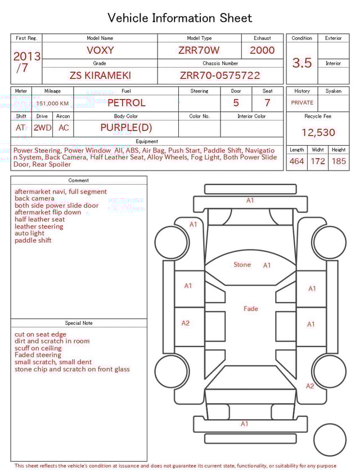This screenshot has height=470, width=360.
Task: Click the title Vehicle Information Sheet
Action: (x=180, y=18)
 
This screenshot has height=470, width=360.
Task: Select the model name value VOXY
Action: (x=100, y=50)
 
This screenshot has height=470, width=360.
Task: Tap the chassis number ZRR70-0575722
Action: (x=220, y=75)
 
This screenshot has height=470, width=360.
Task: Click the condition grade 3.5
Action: (x=302, y=63)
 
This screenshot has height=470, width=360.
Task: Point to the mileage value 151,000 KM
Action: (x=52, y=104)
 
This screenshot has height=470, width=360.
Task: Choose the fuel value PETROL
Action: (x=126, y=103)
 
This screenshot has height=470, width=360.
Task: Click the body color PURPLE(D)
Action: (x=126, y=128)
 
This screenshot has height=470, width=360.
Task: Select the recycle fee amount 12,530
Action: (x=318, y=133)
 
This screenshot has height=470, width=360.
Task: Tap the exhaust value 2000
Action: (x=262, y=50)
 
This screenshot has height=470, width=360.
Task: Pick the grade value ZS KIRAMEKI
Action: (x=100, y=75)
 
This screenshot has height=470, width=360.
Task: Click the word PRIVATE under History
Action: (x=302, y=103)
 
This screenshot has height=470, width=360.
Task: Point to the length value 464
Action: (x=296, y=162)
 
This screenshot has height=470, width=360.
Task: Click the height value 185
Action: (x=339, y=162)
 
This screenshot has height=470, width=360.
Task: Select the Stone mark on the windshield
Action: (x=242, y=265)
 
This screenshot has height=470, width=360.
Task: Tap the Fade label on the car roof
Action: (x=251, y=308)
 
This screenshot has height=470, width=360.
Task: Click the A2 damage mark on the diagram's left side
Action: (x=186, y=323)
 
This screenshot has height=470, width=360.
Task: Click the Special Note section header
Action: (x=79, y=323)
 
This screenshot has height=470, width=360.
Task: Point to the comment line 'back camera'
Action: (x=35, y=199)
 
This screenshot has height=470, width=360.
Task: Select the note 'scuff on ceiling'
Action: (x=38, y=348)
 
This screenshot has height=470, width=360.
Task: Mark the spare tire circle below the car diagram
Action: (x=330, y=440)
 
